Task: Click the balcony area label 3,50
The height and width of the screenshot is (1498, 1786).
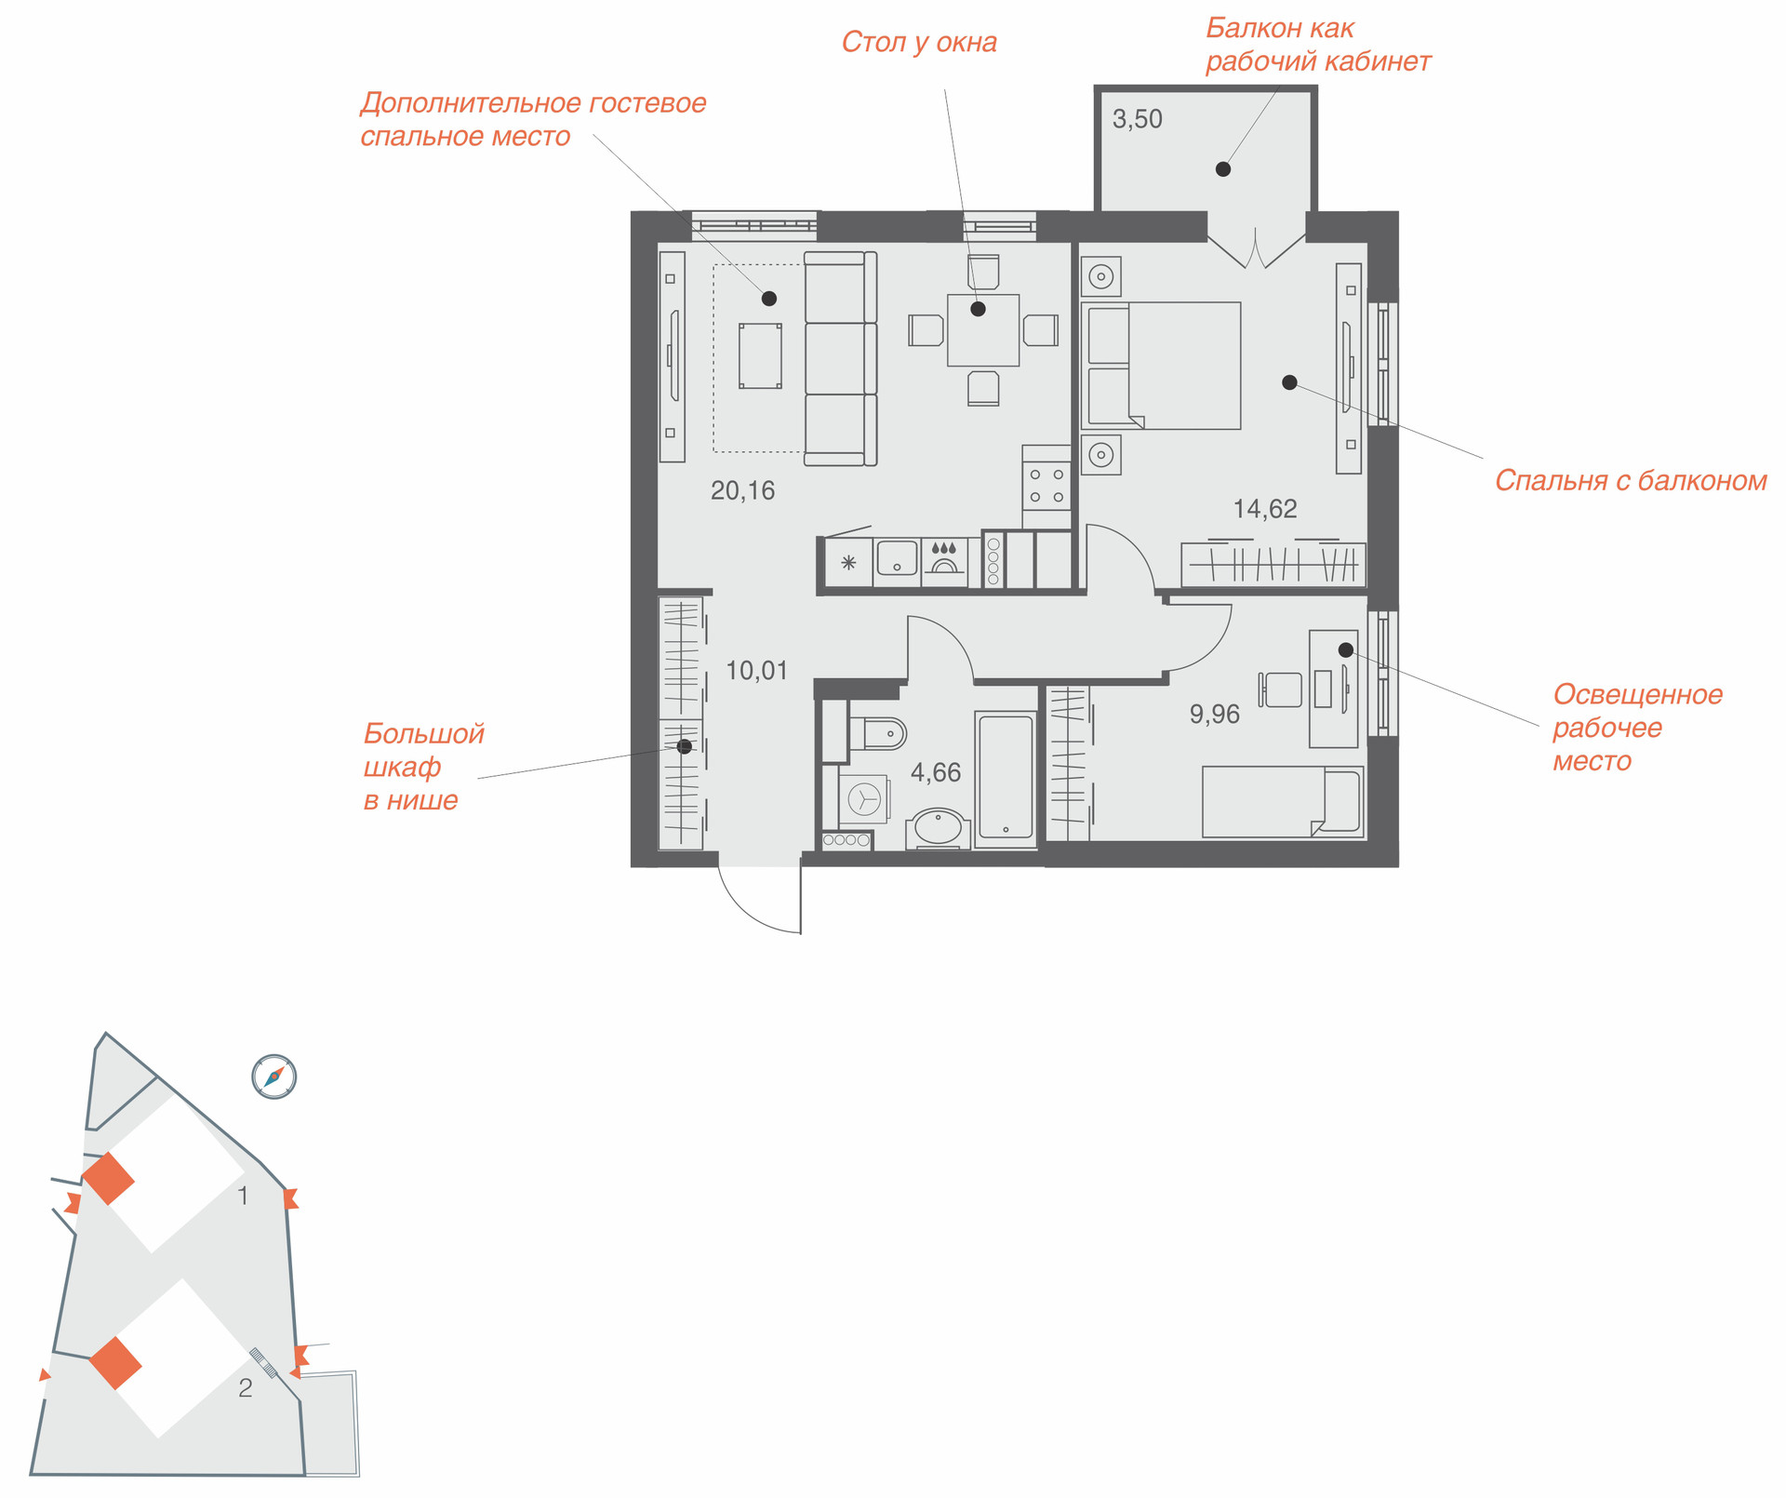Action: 1138,119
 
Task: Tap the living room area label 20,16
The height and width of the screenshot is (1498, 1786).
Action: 742,490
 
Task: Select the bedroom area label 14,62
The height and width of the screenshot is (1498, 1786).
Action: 1265,509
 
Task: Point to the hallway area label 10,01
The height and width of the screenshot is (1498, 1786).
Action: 756,670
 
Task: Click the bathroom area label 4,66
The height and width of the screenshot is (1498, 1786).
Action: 936,772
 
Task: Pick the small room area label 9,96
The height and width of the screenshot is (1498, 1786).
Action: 1215,714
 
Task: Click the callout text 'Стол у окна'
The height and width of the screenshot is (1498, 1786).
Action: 919,43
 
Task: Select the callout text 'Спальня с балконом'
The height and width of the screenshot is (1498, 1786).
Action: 1631,481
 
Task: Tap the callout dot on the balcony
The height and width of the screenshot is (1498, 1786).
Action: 1223,169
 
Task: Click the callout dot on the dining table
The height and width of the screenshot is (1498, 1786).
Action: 978,309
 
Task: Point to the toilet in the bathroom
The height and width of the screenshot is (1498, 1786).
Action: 877,733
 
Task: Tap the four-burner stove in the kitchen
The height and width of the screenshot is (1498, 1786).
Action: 1046,486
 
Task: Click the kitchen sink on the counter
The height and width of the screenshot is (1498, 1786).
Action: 897,558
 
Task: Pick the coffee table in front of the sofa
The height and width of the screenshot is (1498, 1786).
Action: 760,355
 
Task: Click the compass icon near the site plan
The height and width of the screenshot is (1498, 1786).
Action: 273,1077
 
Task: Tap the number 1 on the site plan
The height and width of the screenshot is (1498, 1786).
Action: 244,1196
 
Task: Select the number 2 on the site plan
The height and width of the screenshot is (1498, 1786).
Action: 246,1388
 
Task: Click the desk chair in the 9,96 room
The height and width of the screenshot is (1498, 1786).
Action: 1281,689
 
